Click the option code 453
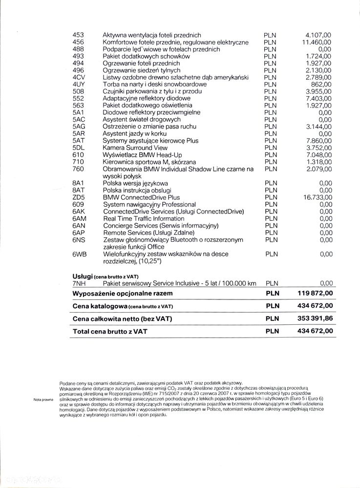(x=78, y=35)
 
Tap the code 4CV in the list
(x=79, y=77)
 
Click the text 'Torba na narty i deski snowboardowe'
(x=154, y=85)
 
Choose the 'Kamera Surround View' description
(x=135, y=148)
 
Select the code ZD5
(x=79, y=197)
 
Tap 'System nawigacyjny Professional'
(x=149, y=204)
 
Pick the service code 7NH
(x=79, y=283)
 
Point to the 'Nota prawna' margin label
(x=43, y=400)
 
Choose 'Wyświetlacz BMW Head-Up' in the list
(x=143, y=155)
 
